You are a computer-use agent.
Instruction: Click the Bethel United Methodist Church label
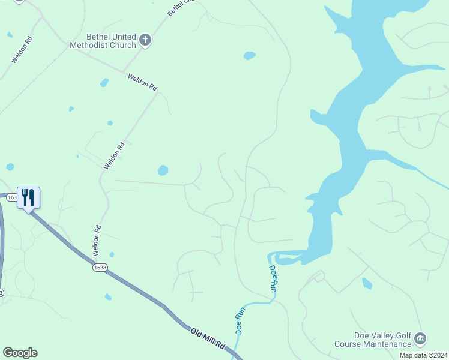103,41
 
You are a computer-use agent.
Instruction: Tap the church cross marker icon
145,41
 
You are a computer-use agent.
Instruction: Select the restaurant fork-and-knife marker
28,197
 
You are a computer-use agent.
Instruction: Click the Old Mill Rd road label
208,340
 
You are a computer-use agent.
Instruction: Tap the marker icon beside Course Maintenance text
421,340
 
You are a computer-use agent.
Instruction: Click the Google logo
20,353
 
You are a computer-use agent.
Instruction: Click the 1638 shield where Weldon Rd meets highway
100,268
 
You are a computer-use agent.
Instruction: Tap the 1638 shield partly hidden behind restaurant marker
11,197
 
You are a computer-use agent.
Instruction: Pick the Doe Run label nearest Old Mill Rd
240,320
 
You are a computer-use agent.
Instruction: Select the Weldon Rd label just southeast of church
142,82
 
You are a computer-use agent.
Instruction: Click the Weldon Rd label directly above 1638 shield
96,238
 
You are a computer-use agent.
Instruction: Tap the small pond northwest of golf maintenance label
367,283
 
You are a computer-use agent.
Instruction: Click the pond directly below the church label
104,82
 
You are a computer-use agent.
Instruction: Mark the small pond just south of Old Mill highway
108,297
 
